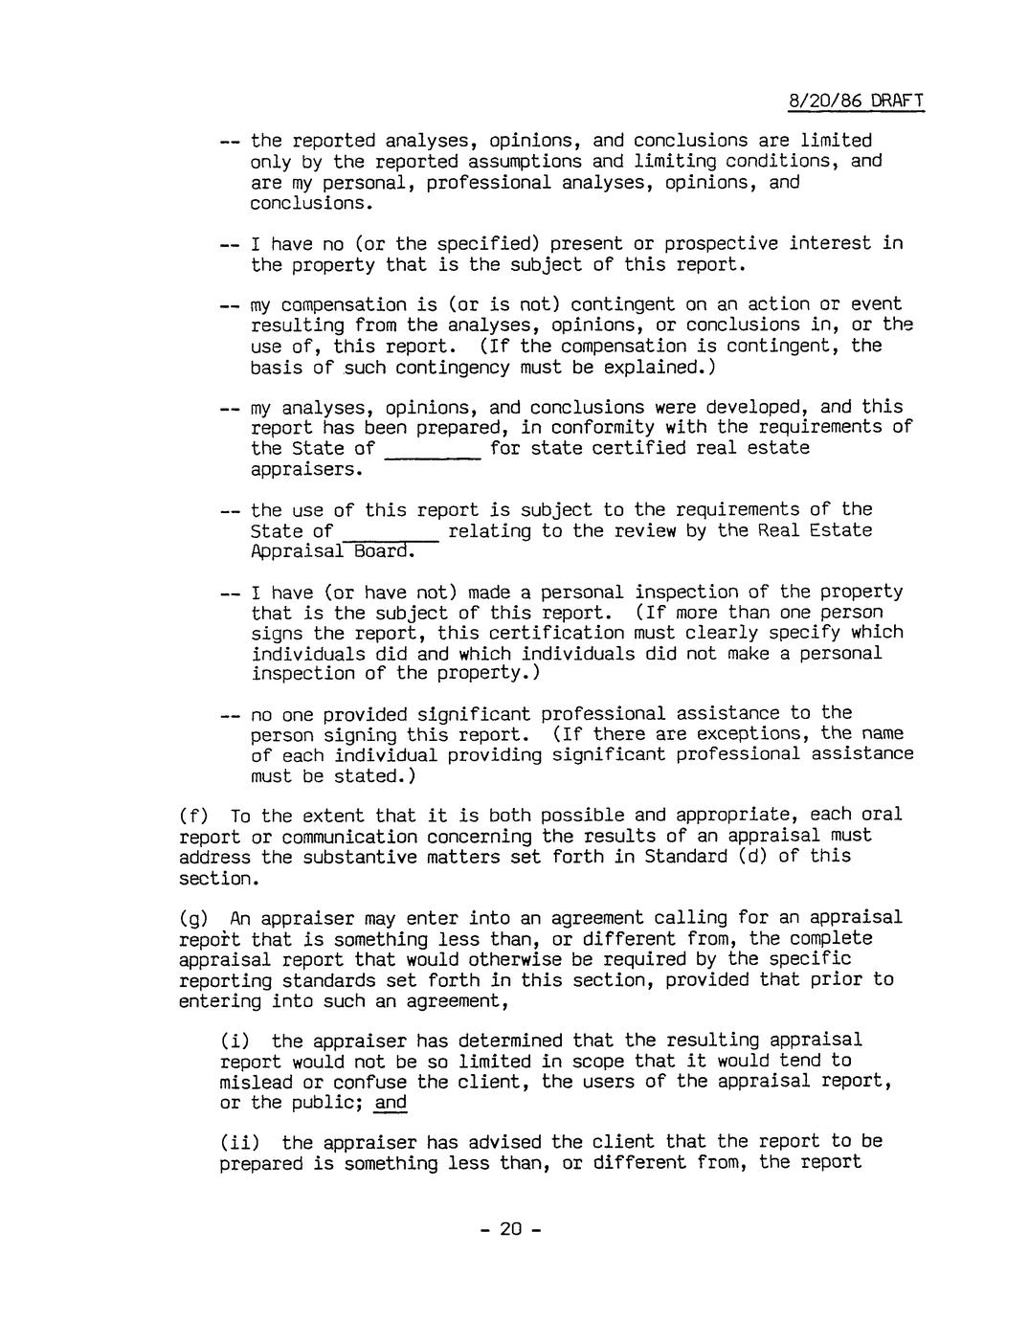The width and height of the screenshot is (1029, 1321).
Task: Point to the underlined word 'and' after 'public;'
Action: [391, 1103]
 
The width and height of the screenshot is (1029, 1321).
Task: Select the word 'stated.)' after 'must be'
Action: [369, 776]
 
